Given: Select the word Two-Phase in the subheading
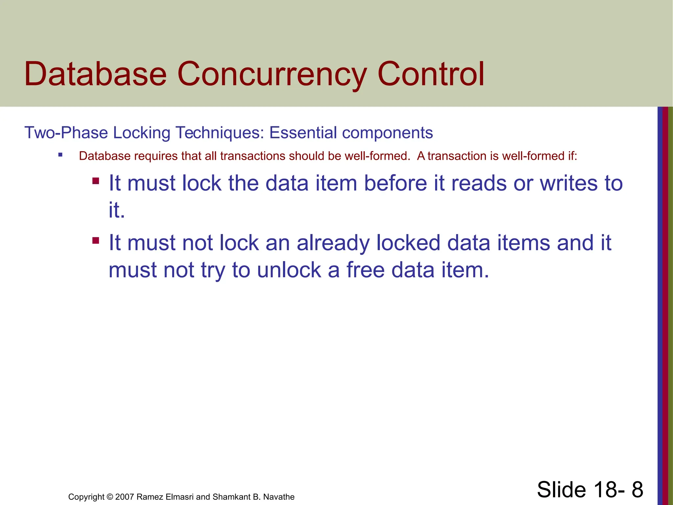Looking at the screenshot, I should [66, 133].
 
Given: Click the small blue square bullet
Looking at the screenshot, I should [60, 155].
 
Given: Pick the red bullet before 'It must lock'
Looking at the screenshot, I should [96, 181].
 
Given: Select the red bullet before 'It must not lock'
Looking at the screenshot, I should [96, 241].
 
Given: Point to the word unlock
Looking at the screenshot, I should [289, 270].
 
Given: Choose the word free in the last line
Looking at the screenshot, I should [365, 270].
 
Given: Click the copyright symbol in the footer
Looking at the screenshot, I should [110, 497].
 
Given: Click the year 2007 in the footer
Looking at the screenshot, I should [125, 497].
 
